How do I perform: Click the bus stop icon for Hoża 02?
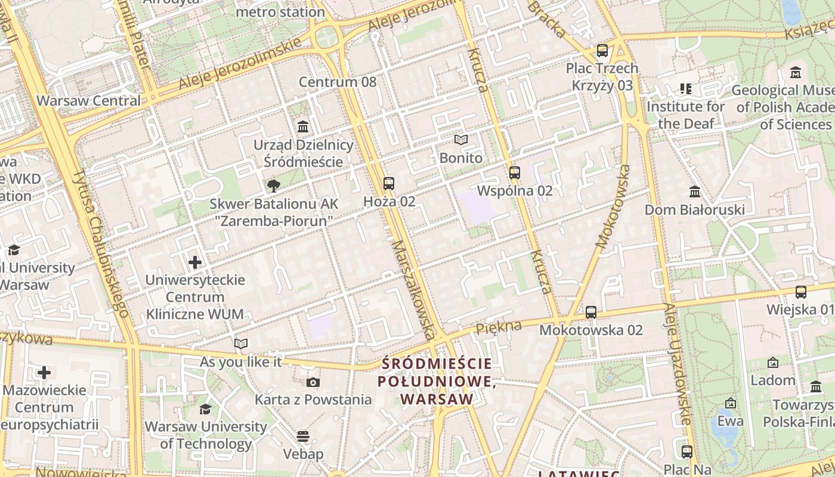pyautogui.click(x=389, y=184)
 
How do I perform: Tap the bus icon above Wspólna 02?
pyautogui.click(x=515, y=173)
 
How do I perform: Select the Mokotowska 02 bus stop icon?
pyautogui.click(x=591, y=312)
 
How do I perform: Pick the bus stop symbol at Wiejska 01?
pyautogui.click(x=801, y=292)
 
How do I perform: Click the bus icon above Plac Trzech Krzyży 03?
pyautogui.click(x=602, y=51)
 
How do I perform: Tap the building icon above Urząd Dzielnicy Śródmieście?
pyautogui.click(x=303, y=127)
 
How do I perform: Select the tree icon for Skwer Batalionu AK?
pyautogui.click(x=274, y=186)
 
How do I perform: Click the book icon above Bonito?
pyautogui.click(x=460, y=140)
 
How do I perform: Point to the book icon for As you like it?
pyautogui.click(x=241, y=344)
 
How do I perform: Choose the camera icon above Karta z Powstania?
pyautogui.click(x=313, y=382)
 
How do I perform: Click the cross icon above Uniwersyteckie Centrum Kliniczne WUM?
pyautogui.click(x=195, y=262)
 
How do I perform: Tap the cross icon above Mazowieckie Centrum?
pyautogui.click(x=44, y=373)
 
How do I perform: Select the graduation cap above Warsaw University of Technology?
pyautogui.click(x=205, y=409)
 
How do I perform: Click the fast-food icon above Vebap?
pyautogui.click(x=303, y=436)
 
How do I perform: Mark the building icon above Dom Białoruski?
pyautogui.click(x=695, y=192)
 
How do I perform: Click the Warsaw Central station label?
pyautogui.click(x=89, y=100)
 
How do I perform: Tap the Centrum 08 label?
pyautogui.click(x=338, y=82)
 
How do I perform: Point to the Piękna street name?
pyautogui.click(x=499, y=326)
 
